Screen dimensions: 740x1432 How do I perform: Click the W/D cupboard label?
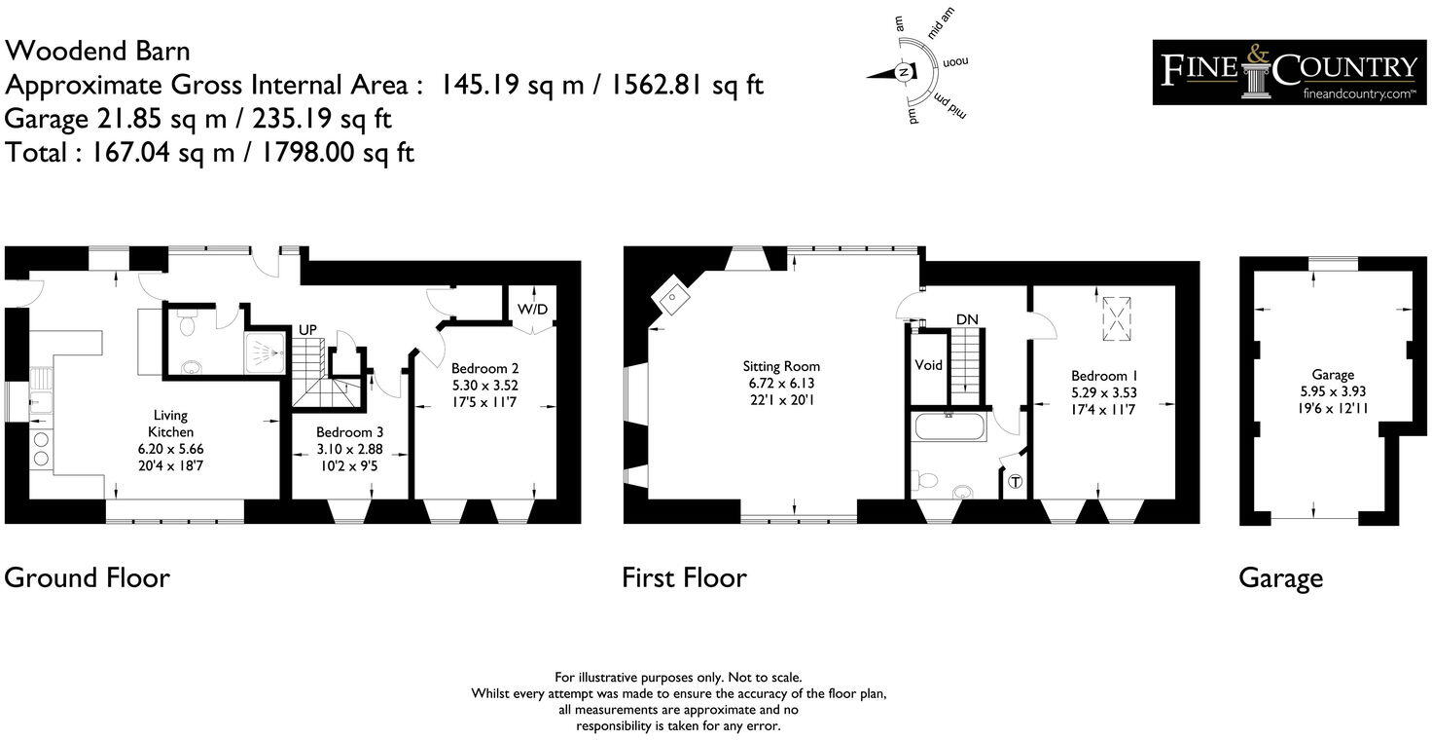(x=532, y=310)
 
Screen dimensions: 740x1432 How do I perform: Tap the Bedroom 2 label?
(x=484, y=368)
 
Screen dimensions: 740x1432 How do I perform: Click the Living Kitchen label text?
(x=170, y=423)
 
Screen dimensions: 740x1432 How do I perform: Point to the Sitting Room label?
(x=781, y=366)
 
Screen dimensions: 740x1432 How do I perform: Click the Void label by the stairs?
(x=929, y=365)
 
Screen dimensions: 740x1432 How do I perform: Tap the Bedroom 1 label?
(x=1104, y=376)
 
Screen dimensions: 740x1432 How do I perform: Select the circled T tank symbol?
(x=1017, y=482)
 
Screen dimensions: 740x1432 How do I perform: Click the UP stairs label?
(x=307, y=330)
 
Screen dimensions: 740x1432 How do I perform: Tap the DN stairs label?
(x=966, y=319)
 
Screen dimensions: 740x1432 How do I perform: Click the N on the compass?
(x=904, y=73)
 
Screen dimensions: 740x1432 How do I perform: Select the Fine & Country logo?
(x=1289, y=72)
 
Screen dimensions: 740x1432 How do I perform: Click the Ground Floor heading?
(x=87, y=577)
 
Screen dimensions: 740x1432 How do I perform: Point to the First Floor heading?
(x=684, y=577)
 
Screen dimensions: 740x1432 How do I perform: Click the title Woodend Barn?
(x=97, y=51)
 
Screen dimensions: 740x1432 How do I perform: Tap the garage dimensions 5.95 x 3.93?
(x=1333, y=391)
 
